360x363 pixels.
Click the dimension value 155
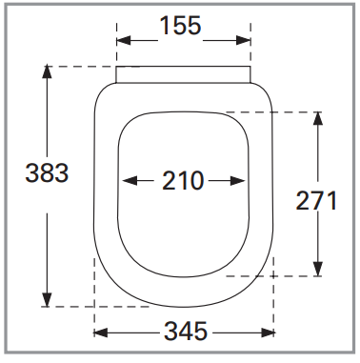[x=180, y=26]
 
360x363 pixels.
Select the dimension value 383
[x=47, y=173]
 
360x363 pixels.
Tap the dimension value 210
[x=183, y=181]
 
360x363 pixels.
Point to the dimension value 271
[x=316, y=201]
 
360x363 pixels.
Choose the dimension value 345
[x=186, y=332]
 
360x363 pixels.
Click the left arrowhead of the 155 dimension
[x=124, y=40]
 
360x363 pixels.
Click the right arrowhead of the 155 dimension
[x=244, y=40]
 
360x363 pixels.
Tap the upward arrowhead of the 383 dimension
[x=47, y=71]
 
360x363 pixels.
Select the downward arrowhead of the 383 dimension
[x=47, y=300]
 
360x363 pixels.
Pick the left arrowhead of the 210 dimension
[x=130, y=181]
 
